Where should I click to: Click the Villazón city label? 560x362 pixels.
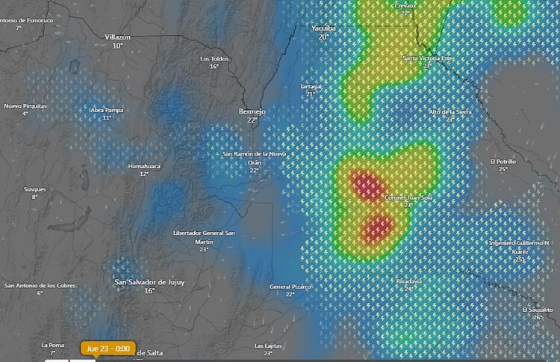click(117, 37)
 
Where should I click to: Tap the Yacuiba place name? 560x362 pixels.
click(323, 28)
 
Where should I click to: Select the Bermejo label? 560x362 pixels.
click(252, 111)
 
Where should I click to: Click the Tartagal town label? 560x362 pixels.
click(311, 86)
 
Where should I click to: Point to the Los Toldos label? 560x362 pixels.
click(214, 58)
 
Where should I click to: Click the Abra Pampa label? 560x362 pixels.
click(107, 110)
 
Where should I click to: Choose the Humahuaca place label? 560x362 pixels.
click(144, 165)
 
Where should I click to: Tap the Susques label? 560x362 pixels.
click(34, 189)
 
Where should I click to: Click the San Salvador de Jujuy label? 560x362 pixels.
click(149, 282)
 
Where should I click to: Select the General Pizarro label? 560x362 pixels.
click(290, 286)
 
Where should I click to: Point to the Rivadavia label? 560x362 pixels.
click(409, 281)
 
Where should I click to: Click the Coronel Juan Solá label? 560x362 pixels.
click(408, 197)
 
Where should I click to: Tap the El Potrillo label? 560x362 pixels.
click(503, 161)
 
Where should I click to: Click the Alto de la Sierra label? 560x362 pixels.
click(449, 111)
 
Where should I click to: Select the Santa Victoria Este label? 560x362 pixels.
click(427, 58)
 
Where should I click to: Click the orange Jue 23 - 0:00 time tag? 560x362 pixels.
click(108, 349)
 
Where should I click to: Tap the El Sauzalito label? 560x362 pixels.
click(538, 309)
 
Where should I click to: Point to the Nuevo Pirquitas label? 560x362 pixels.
click(25, 105)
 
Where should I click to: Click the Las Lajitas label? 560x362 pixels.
click(268, 346)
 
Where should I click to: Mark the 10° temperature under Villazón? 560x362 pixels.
click(117, 46)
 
